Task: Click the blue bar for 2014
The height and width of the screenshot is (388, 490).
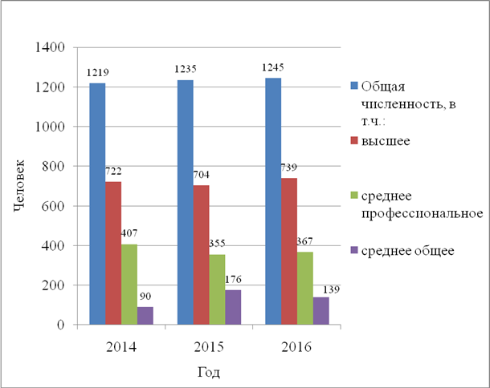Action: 97,204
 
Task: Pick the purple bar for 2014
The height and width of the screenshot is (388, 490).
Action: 145,316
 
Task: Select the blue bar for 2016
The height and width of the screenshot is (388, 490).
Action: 273,201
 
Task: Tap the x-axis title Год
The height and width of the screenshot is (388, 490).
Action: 209,373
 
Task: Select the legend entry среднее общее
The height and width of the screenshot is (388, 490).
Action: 408,250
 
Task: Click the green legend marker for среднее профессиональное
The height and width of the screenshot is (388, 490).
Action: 354,193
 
